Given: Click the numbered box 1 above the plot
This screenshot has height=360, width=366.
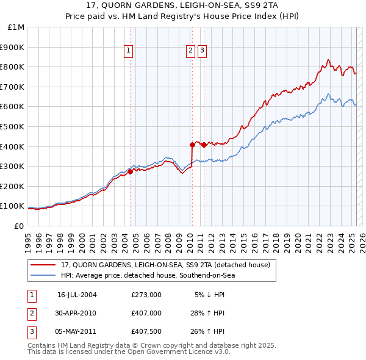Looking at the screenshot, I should [x=129, y=51].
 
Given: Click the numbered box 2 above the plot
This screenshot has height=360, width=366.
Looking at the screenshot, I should [x=191, y=51].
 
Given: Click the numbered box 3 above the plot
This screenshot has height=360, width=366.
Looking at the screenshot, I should [x=202, y=51].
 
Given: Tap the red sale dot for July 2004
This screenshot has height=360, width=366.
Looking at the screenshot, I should [x=131, y=171].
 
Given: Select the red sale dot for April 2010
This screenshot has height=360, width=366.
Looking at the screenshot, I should [x=192, y=145].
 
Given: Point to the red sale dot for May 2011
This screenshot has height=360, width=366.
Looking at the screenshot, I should [x=204, y=145].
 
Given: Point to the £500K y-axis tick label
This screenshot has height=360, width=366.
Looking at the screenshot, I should [x=13, y=126].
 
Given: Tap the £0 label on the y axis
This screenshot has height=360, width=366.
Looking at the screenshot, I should [x=19, y=226].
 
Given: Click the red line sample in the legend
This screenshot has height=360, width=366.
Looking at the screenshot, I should [x=43, y=265].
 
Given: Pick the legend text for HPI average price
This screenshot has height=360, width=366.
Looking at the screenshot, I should [x=148, y=275].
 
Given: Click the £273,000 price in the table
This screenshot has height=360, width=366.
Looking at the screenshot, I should [x=146, y=295].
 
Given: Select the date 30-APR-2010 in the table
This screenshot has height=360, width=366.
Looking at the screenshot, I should [x=76, y=313].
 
